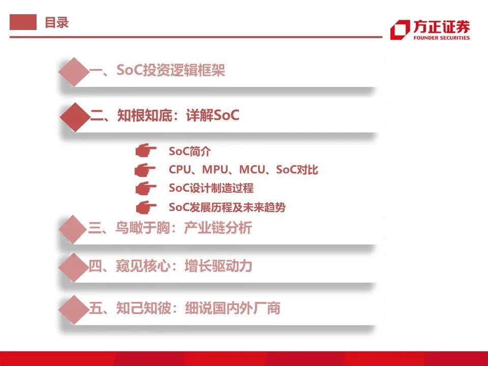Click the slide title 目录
[56, 22]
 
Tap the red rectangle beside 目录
[23, 22]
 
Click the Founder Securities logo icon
[400, 29]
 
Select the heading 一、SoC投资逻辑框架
[157, 71]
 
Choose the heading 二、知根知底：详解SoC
[164, 116]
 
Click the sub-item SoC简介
[190, 151]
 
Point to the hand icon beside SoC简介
[146, 150]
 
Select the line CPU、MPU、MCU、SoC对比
[243, 170]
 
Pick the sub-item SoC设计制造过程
[211, 188]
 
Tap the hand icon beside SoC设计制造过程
[146, 188]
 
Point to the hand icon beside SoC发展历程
[146, 207]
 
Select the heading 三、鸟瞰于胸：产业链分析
[170, 228]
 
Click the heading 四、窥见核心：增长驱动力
[170, 266]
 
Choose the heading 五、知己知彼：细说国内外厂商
[185, 308]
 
